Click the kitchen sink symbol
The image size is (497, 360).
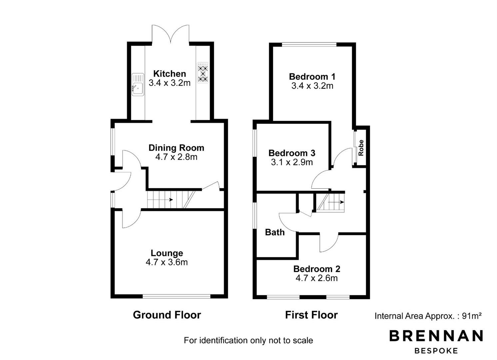click(x=138, y=85)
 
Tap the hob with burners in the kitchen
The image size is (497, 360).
click(x=203, y=73)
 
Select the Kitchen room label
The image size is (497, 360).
click(x=170, y=74)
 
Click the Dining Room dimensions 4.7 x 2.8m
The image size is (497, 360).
click(x=177, y=157)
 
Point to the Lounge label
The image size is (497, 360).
click(x=167, y=253)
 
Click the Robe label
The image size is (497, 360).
click(x=361, y=148)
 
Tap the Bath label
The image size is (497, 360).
click(x=275, y=232)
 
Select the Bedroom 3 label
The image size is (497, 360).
click(x=292, y=153)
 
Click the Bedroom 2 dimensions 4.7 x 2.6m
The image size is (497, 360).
click(x=316, y=278)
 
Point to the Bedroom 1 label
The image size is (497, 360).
click(x=312, y=77)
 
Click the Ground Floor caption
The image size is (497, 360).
click(x=167, y=315)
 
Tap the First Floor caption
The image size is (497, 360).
click(x=311, y=315)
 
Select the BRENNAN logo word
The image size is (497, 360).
click(x=436, y=336)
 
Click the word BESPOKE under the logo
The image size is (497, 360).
click(x=436, y=351)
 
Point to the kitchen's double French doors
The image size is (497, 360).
click(x=171, y=34)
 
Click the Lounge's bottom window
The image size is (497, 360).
click(x=177, y=296)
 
